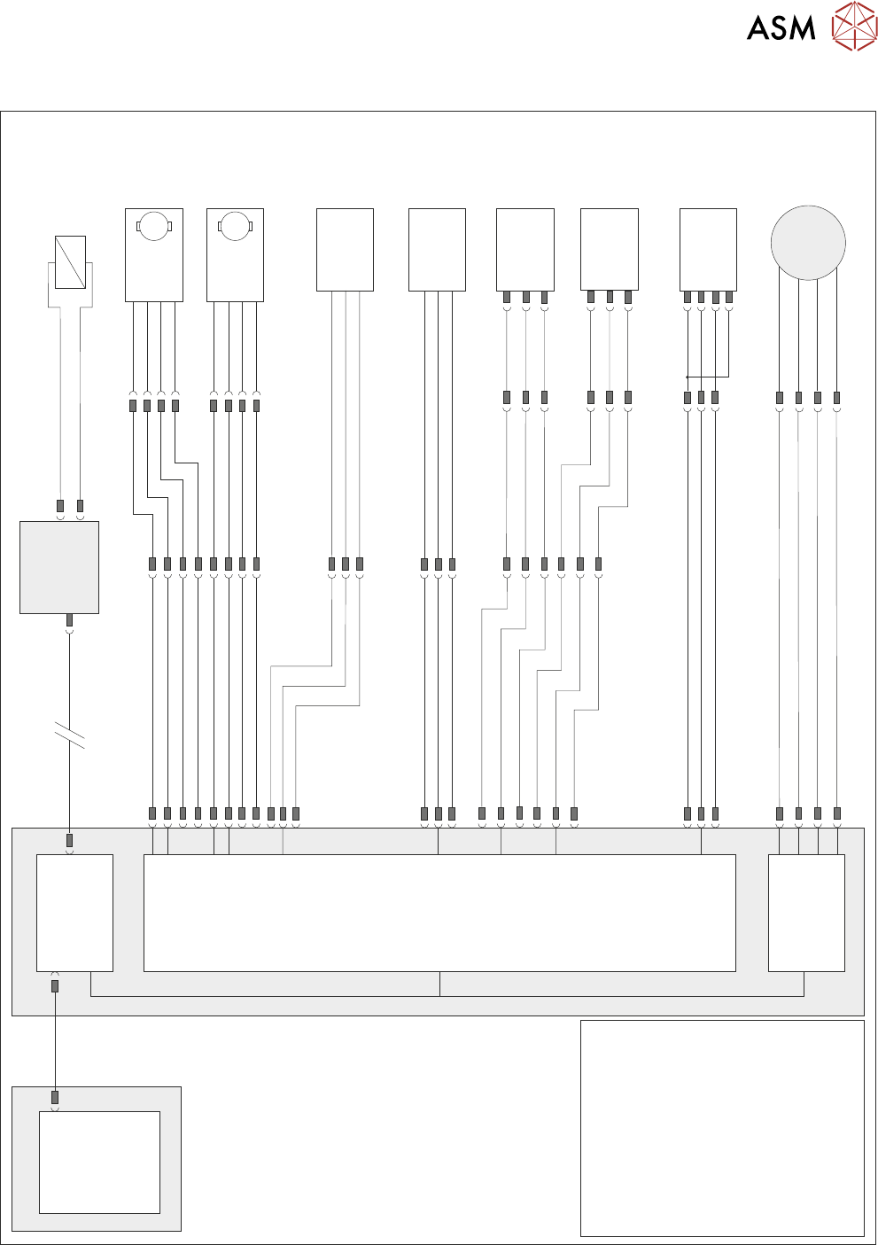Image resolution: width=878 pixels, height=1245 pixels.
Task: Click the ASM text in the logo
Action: coord(781,28)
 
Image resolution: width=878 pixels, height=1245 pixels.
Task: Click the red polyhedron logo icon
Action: coord(854,26)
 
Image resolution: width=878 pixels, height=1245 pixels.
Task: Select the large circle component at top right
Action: coord(808,243)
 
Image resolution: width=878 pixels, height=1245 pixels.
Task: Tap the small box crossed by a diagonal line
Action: coord(70,262)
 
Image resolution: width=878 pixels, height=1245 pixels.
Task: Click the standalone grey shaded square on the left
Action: coord(59,567)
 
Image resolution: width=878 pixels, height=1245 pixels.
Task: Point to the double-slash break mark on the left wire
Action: coord(70,735)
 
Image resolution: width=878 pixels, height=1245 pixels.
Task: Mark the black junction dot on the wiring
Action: coord(688,377)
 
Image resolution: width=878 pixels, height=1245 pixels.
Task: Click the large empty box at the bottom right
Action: coord(722,1128)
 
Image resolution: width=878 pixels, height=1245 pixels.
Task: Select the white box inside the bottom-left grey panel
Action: coord(99,1162)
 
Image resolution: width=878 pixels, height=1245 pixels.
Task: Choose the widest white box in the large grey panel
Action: coord(439,913)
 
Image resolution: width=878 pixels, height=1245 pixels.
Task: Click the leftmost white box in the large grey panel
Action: coord(74,913)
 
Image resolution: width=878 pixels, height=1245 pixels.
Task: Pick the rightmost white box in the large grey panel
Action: coord(806,913)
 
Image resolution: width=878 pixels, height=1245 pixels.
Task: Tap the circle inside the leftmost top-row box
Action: coord(154,226)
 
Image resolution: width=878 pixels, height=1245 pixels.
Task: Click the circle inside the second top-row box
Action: coord(235,226)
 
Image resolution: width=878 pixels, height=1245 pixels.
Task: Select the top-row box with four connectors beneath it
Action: coord(708,249)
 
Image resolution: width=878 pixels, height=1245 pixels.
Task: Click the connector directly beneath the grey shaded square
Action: coord(70,620)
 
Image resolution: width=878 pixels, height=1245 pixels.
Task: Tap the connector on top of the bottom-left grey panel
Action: coord(55,1097)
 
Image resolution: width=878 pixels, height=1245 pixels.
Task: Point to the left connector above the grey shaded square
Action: coord(60,506)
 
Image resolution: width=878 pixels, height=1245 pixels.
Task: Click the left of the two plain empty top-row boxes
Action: coord(345,249)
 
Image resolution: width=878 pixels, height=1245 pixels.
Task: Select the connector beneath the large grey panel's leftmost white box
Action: coord(55,985)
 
